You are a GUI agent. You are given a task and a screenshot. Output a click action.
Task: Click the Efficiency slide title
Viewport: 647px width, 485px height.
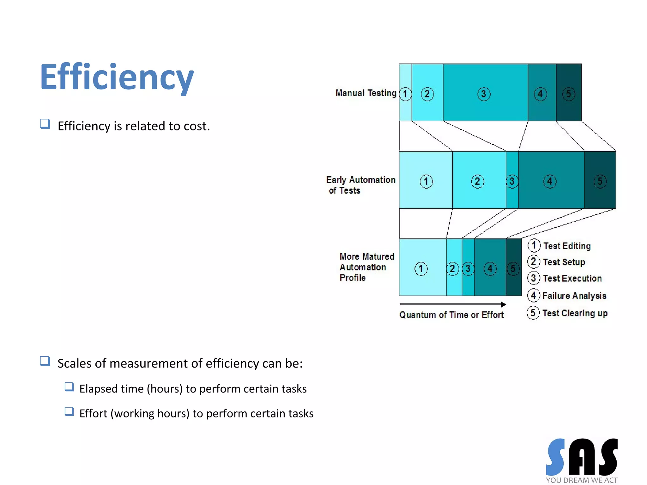[x=117, y=77]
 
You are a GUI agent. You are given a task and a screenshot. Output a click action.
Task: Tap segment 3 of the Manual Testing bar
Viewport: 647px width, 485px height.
[x=485, y=92]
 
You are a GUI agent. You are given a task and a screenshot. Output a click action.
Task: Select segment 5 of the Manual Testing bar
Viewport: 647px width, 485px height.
[x=569, y=92]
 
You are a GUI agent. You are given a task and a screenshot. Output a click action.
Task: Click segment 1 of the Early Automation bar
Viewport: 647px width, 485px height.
[x=426, y=180]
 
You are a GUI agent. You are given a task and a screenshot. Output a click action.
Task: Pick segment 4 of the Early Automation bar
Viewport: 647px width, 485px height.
[x=551, y=180]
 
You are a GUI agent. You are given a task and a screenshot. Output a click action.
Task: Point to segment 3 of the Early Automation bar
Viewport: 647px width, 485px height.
[x=512, y=180]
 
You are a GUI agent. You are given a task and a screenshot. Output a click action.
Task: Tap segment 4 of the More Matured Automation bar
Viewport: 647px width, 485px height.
[x=490, y=267]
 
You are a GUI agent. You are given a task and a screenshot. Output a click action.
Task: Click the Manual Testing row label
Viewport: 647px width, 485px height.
[x=366, y=93]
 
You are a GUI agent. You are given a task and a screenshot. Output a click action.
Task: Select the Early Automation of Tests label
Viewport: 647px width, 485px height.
[x=360, y=185]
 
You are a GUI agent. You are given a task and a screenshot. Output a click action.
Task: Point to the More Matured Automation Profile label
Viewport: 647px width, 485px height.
[x=366, y=267]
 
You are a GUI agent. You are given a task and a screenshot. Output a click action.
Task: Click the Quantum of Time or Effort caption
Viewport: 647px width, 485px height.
[x=451, y=315]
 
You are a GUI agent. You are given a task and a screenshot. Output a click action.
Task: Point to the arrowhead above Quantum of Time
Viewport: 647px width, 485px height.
[x=503, y=304]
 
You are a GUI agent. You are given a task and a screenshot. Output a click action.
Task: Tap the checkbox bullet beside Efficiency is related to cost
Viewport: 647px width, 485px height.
[x=45, y=124]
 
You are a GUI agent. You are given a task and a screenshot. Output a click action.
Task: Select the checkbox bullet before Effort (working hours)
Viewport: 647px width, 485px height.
[x=69, y=412]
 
